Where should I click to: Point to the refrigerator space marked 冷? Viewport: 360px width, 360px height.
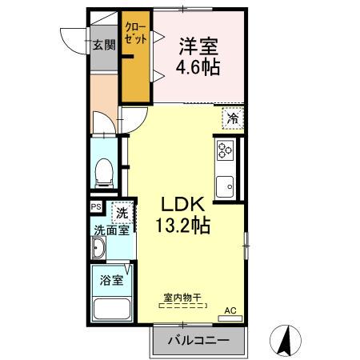[x=232, y=118]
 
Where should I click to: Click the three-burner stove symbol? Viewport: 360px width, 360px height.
[x=224, y=150]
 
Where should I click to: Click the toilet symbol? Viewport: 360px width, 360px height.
[x=102, y=170]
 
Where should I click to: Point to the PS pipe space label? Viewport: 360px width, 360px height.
[x=96, y=206]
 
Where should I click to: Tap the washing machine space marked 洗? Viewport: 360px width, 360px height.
[x=122, y=214]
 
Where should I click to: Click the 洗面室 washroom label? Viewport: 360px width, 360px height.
[x=110, y=230]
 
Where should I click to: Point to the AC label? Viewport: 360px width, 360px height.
[x=230, y=310]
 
